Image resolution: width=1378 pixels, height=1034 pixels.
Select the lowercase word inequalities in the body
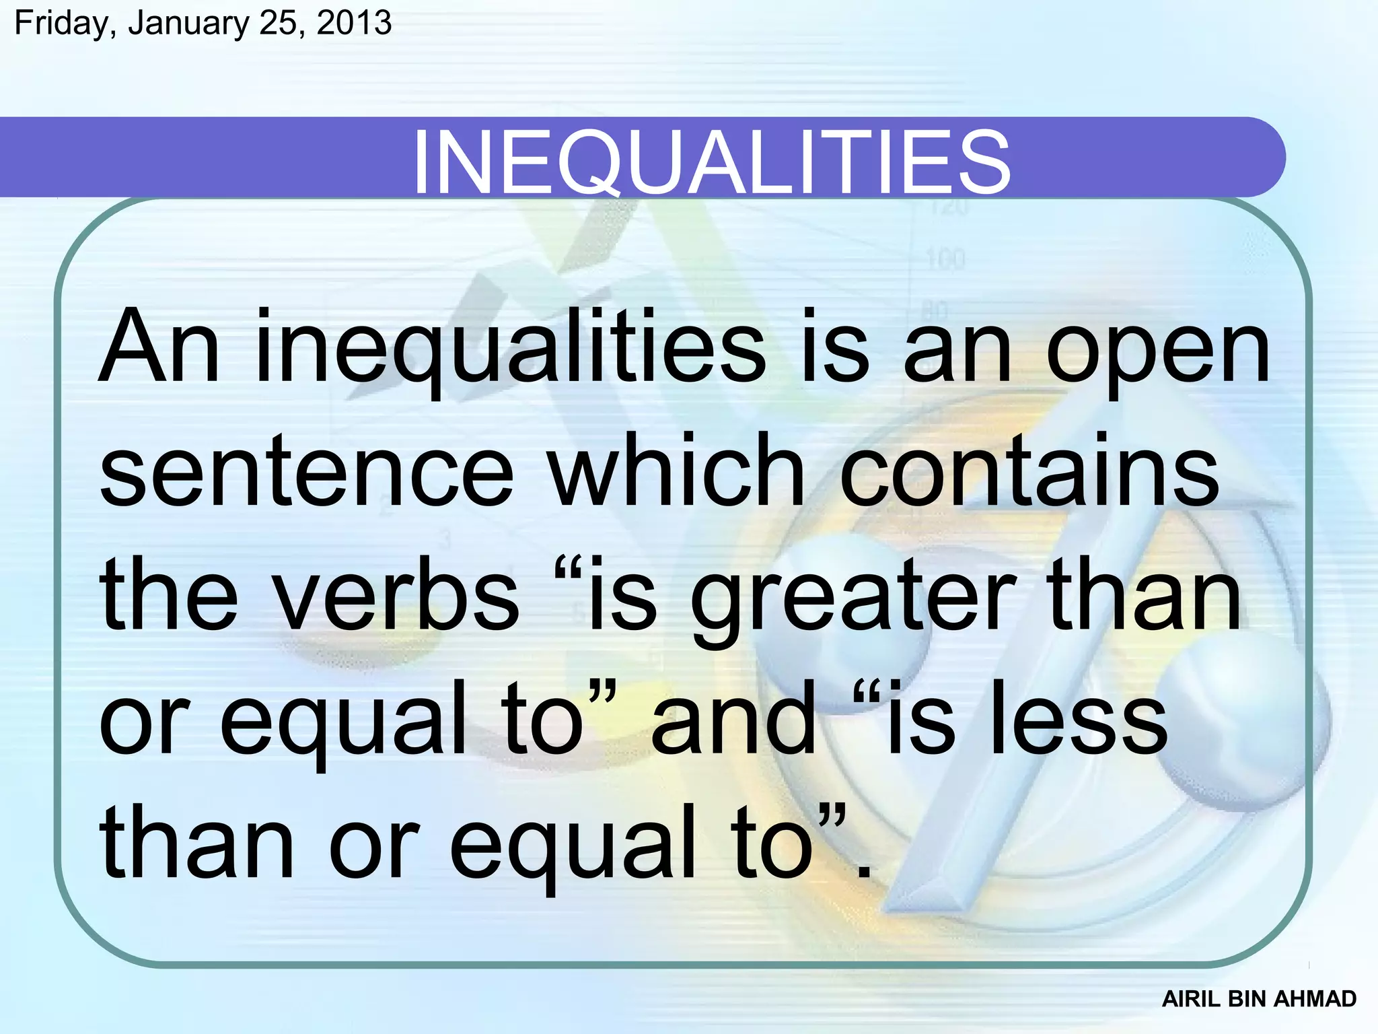pos(511,350)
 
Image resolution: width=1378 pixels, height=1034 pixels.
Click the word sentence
pos(306,471)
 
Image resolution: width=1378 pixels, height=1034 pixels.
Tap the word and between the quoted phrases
pos(733,717)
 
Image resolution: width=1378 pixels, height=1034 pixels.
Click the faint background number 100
pos(945,259)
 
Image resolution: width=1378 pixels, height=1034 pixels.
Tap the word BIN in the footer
pos(1247,999)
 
